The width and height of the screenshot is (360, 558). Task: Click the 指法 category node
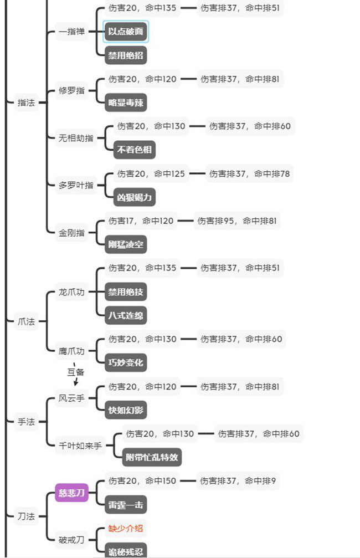26,103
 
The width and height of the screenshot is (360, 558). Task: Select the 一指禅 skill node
72,32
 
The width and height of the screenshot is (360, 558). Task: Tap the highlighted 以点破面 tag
126,32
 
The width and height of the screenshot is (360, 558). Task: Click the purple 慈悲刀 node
71,492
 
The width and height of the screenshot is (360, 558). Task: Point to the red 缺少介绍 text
126,528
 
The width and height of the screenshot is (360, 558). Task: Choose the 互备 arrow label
76,372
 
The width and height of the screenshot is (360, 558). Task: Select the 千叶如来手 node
81,446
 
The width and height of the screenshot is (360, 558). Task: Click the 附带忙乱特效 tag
152,457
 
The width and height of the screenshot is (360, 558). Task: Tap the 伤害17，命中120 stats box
141,221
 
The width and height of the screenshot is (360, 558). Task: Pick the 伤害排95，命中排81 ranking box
237,221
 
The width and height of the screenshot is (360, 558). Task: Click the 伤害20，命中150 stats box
142,481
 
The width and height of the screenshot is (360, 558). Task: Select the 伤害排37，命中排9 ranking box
238,481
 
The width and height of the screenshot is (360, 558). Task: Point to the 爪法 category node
26,321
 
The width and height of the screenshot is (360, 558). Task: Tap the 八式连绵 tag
126,315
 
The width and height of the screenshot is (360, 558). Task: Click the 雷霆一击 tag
126,504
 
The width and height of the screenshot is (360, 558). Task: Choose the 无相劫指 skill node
76,138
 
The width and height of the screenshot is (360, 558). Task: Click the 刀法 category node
26,516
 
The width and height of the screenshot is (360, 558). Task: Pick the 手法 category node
26,422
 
